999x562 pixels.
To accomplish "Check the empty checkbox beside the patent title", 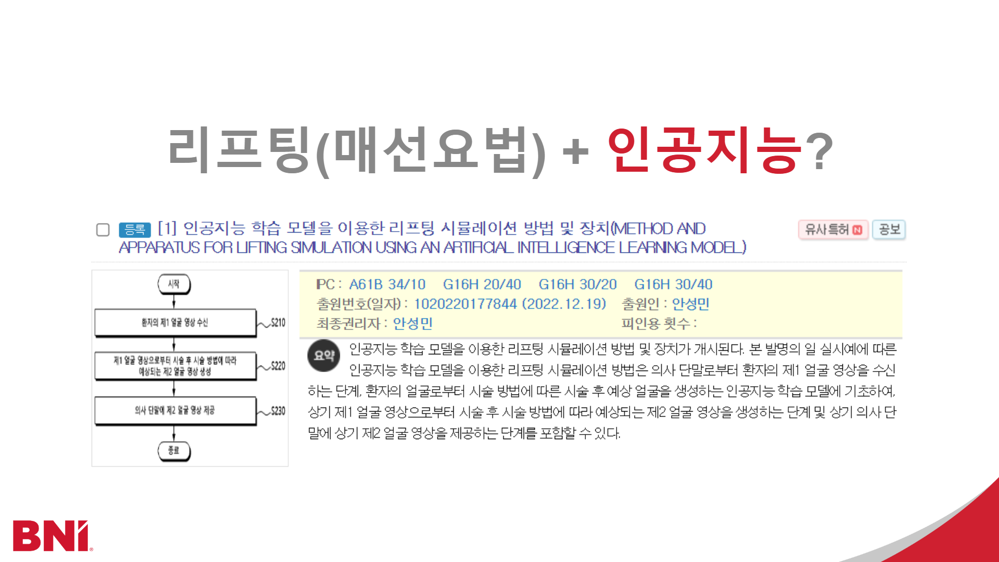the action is coord(103,230).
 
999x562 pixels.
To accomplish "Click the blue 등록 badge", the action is coord(135,229).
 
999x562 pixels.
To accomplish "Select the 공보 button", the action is coord(889,229).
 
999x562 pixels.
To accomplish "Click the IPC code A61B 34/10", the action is coord(387,285).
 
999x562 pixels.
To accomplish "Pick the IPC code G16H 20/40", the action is coord(482,285).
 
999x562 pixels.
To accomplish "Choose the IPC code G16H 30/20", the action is coord(578,285).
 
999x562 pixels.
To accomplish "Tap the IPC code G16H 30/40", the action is coord(673,285).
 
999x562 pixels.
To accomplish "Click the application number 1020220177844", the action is coord(465,304).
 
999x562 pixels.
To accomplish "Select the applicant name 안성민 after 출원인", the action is coord(690,304).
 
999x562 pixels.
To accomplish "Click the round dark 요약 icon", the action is coord(324,356).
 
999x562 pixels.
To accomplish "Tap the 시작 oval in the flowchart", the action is coord(174,284).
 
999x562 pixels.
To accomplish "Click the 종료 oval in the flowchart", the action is coord(174,451).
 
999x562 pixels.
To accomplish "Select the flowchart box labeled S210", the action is coord(175,323).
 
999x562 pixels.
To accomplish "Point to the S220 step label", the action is coord(278,366).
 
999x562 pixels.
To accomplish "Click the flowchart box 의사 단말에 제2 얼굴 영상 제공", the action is coord(175,411).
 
